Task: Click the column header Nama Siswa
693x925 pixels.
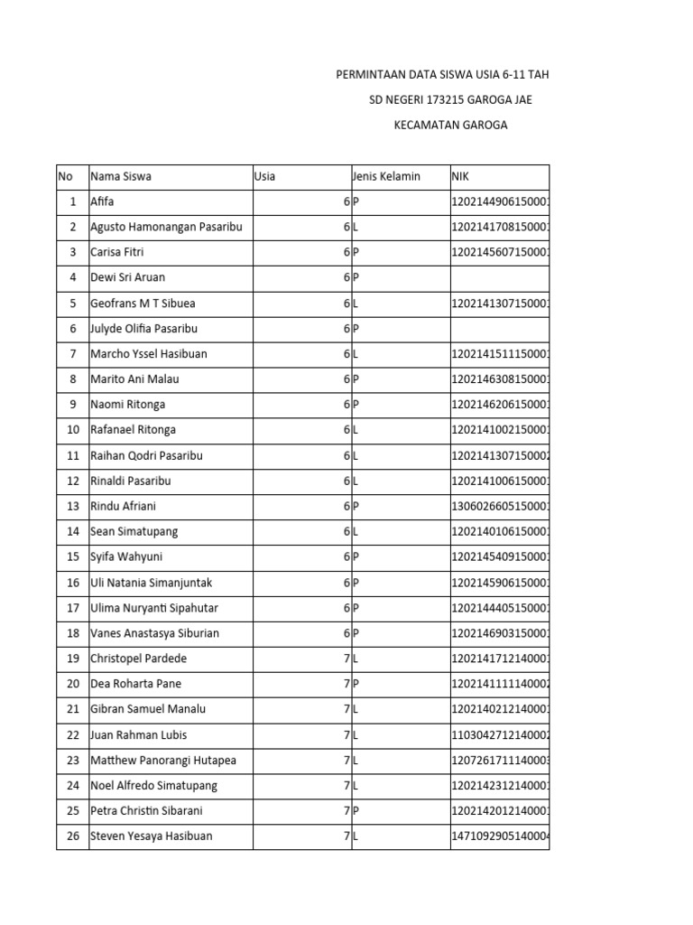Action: pos(121,176)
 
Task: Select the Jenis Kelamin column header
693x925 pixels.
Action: pos(386,176)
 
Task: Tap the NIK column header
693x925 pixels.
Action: pos(461,176)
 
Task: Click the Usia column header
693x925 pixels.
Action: pos(265,176)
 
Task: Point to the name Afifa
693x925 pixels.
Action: pos(103,201)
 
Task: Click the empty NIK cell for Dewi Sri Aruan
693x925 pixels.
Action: pos(499,277)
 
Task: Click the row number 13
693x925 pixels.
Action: pos(72,506)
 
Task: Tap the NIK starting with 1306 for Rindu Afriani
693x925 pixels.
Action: pos(500,506)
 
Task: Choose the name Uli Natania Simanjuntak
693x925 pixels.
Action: pos(152,583)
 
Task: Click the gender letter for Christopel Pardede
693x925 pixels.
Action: pos(356,659)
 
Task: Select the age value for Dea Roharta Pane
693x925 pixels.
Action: pos(346,684)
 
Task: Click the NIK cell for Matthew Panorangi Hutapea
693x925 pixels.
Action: pos(500,760)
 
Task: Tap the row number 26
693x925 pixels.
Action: pos(72,836)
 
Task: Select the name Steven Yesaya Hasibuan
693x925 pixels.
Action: pos(152,836)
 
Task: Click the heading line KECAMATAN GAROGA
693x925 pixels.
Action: pos(450,125)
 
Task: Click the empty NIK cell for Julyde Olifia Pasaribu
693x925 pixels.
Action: pos(499,329)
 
